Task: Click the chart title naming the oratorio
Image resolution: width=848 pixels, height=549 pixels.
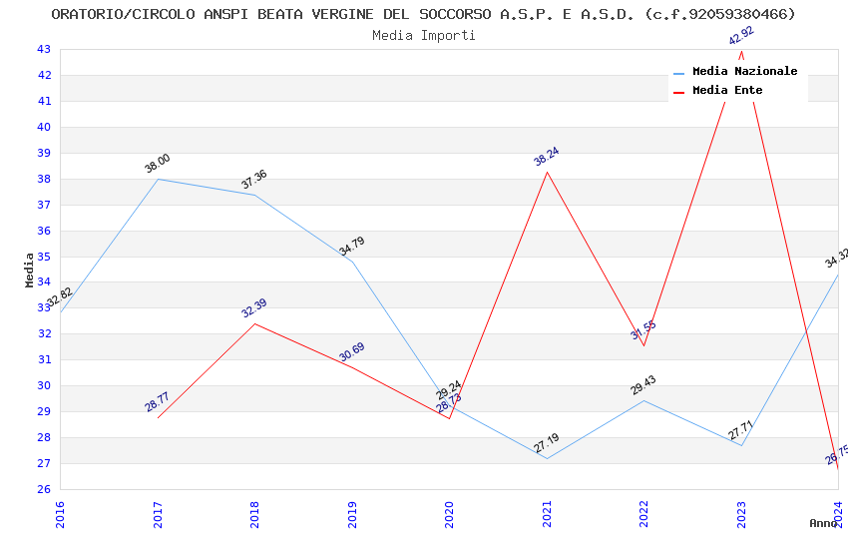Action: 423,14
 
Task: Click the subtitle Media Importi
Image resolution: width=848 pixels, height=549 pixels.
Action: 423,35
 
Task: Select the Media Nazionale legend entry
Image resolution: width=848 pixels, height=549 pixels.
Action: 744,71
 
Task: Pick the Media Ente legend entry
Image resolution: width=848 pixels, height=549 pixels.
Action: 727,90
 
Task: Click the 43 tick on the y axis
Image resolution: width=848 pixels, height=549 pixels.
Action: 44,49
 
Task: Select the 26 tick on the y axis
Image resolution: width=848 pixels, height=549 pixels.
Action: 44,489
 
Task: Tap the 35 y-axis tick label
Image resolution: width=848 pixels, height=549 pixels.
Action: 44,257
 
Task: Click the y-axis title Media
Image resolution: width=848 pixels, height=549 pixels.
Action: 30,270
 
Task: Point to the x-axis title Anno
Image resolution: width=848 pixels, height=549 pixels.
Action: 823,523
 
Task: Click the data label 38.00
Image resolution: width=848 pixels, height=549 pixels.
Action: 157,164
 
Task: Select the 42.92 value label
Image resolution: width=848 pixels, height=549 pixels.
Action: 741,36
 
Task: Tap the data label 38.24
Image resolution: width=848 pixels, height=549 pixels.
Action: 546,157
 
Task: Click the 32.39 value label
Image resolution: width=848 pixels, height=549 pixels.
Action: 253,308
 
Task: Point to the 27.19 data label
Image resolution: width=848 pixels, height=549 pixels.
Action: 546,443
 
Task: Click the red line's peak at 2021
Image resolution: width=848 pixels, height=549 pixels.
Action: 547,172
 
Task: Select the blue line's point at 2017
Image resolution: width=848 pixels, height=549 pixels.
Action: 158,179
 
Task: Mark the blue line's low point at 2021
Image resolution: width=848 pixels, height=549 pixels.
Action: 547,458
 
